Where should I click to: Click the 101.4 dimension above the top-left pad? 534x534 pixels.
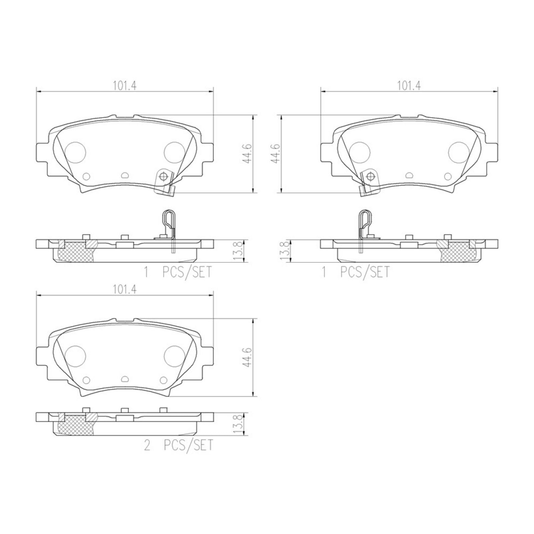click(x=125, y=85)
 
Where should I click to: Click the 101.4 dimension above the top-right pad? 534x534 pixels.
click(x=409, y=85)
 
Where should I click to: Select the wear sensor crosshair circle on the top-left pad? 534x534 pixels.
click(x=163, y=176)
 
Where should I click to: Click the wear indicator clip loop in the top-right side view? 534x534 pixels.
click(x=365, y=219)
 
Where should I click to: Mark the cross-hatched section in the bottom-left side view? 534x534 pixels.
click(x=75, y=426)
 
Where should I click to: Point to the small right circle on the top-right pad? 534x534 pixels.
click(x=448, y=176)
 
